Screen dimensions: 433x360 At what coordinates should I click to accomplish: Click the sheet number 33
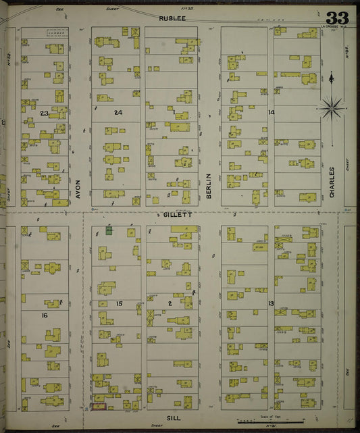pos(336,18)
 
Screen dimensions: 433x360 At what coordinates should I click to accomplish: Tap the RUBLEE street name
pos(168,20)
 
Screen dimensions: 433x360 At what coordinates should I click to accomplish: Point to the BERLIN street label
pos(209,184)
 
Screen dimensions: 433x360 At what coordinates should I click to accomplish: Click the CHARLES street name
pos(332,183)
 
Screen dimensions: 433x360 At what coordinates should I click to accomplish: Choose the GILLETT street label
pos(178,214)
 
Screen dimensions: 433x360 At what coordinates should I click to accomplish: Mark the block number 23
pos(45,112)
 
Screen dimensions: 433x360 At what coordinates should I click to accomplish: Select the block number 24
pos(118,112)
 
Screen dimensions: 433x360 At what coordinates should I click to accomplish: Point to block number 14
pos(271,111)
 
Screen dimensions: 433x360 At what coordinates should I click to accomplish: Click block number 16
pos(45,315)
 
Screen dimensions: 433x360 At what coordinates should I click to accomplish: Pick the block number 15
pos(119,304)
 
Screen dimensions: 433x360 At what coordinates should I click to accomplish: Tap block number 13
pos(271,303)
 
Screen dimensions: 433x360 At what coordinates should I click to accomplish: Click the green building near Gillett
pos(109,231)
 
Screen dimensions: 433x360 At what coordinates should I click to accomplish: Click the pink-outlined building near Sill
pos(98,406)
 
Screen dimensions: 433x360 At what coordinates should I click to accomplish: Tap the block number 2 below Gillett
pos(171,304)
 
